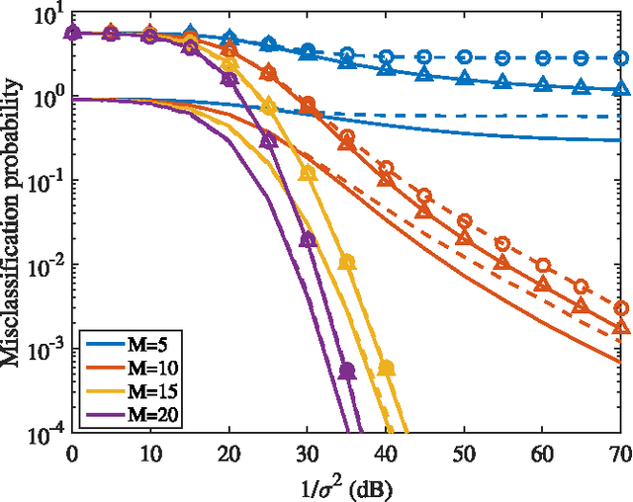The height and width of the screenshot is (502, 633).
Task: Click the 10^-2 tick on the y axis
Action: pyautogui.click(x=40, y=265)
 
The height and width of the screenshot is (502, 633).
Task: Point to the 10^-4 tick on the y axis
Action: pyautogui.click(x=40, y=432)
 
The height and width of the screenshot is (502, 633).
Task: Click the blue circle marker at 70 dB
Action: pyautogui.click(x=620, y=58)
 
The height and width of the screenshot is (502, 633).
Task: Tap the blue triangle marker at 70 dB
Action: pyautogui.click(x=620, y=88)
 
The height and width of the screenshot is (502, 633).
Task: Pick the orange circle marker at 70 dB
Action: pyautogui.click(x=620, y=308)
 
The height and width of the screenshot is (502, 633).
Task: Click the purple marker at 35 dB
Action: pyautogui.click(x=346, y=371)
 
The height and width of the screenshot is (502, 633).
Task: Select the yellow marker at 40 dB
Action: pyautogui.click(x=386, y=368)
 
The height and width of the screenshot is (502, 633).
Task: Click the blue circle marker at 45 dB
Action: pyautogui.click(x=424, y=57)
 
